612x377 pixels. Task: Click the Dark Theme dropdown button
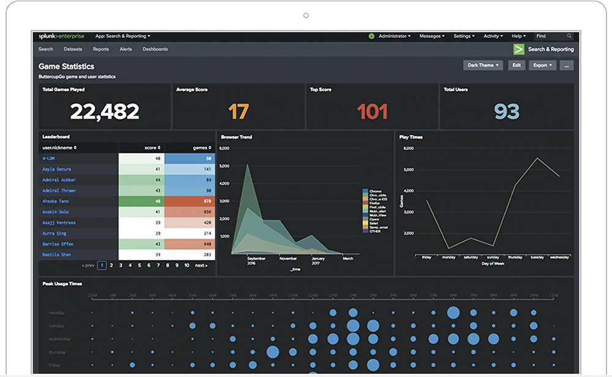click(483, 65)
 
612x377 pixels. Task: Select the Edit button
click(517, 65)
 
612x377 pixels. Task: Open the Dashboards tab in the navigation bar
click(155, 49)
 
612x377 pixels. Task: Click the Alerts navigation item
click(125, 49)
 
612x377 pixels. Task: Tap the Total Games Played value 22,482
click(105, 112)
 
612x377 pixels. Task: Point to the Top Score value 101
click(372, 112)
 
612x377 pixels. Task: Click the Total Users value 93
click(507, 112)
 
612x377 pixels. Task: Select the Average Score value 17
click(239, 112)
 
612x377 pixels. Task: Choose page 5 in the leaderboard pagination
click(140, 266)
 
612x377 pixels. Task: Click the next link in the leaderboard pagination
click(201, 266)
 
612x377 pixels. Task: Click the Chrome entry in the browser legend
click(376, 191)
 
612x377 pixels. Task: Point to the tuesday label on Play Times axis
click(537, 257)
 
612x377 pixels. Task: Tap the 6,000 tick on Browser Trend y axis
click(224, 148)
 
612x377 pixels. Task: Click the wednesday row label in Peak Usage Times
click(59, 339)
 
